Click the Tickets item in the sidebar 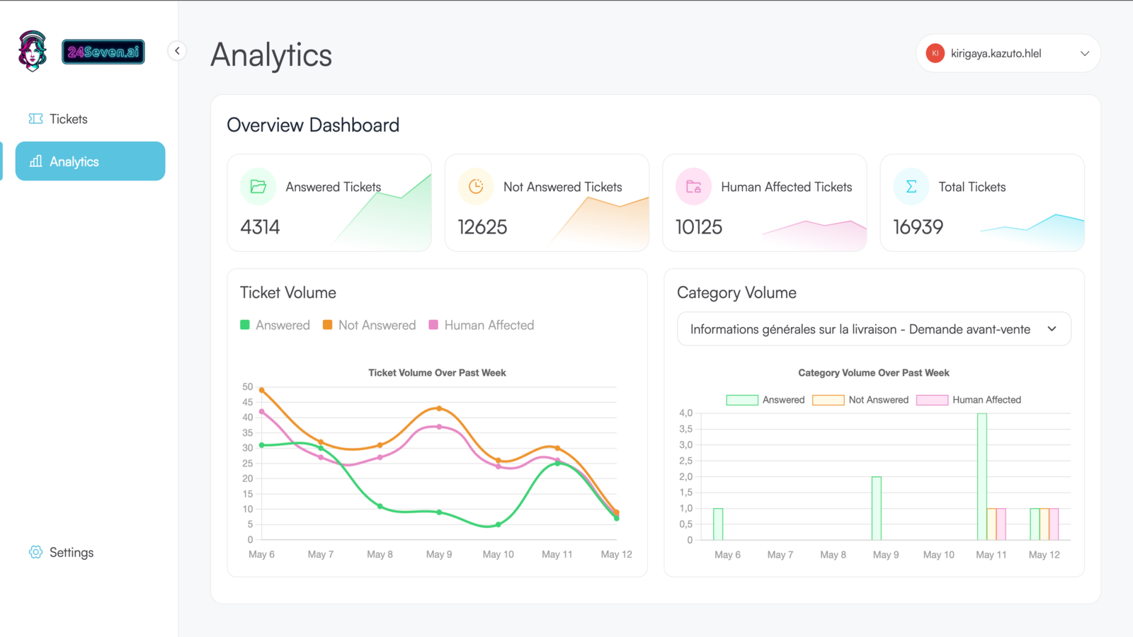pyautogui.click(x=68, y=119)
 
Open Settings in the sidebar pyautogui.click(x=70, y=552)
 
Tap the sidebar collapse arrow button pyautogui.click(x=177, y=51)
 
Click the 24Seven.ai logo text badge pyautogui.click(x=103, y=52)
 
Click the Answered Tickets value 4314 pyautogui.click(x=260, y=227)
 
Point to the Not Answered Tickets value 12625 pyautogui.click(x=482, y=227)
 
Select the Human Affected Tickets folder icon pyautogui.click(x=693, y=187)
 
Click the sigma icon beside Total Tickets pyautogui.click(x=911, y=187)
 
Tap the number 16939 pyautogui.click(x=918, y=227)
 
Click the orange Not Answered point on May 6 pyautogui.click(x=262, y=390)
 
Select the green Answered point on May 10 pyautogui.click(x=499, y=524)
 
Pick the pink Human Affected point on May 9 pyautogui.click(x=439, y=427)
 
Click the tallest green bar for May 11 pyautogui.click(x=981, y=476)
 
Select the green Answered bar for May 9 pyautogui.click(x=876, y=508)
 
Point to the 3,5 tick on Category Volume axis pyautogui.click(x=685, y=429)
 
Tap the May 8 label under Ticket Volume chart pyautogui.click(x=380, y=554)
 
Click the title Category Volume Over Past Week pyautogui.click(x=873, y=373)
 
